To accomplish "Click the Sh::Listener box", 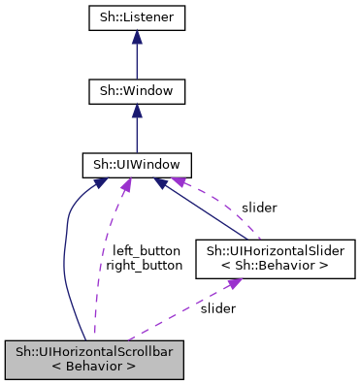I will [x=136, y=17].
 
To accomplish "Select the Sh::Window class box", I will [x=136, y=92].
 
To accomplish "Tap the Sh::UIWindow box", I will [x=136, y=166].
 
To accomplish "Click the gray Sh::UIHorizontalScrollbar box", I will [x=94, y=359].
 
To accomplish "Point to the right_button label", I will [x=144, y=264].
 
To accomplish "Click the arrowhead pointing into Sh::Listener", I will [x=136, y=37].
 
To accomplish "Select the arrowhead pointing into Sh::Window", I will [x=136, y=111].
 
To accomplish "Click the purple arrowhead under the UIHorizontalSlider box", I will [x=232, y=283].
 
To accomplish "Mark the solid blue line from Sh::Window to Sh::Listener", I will [x=136, y=61].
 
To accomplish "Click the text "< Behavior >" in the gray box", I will [x=94, y=367].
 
